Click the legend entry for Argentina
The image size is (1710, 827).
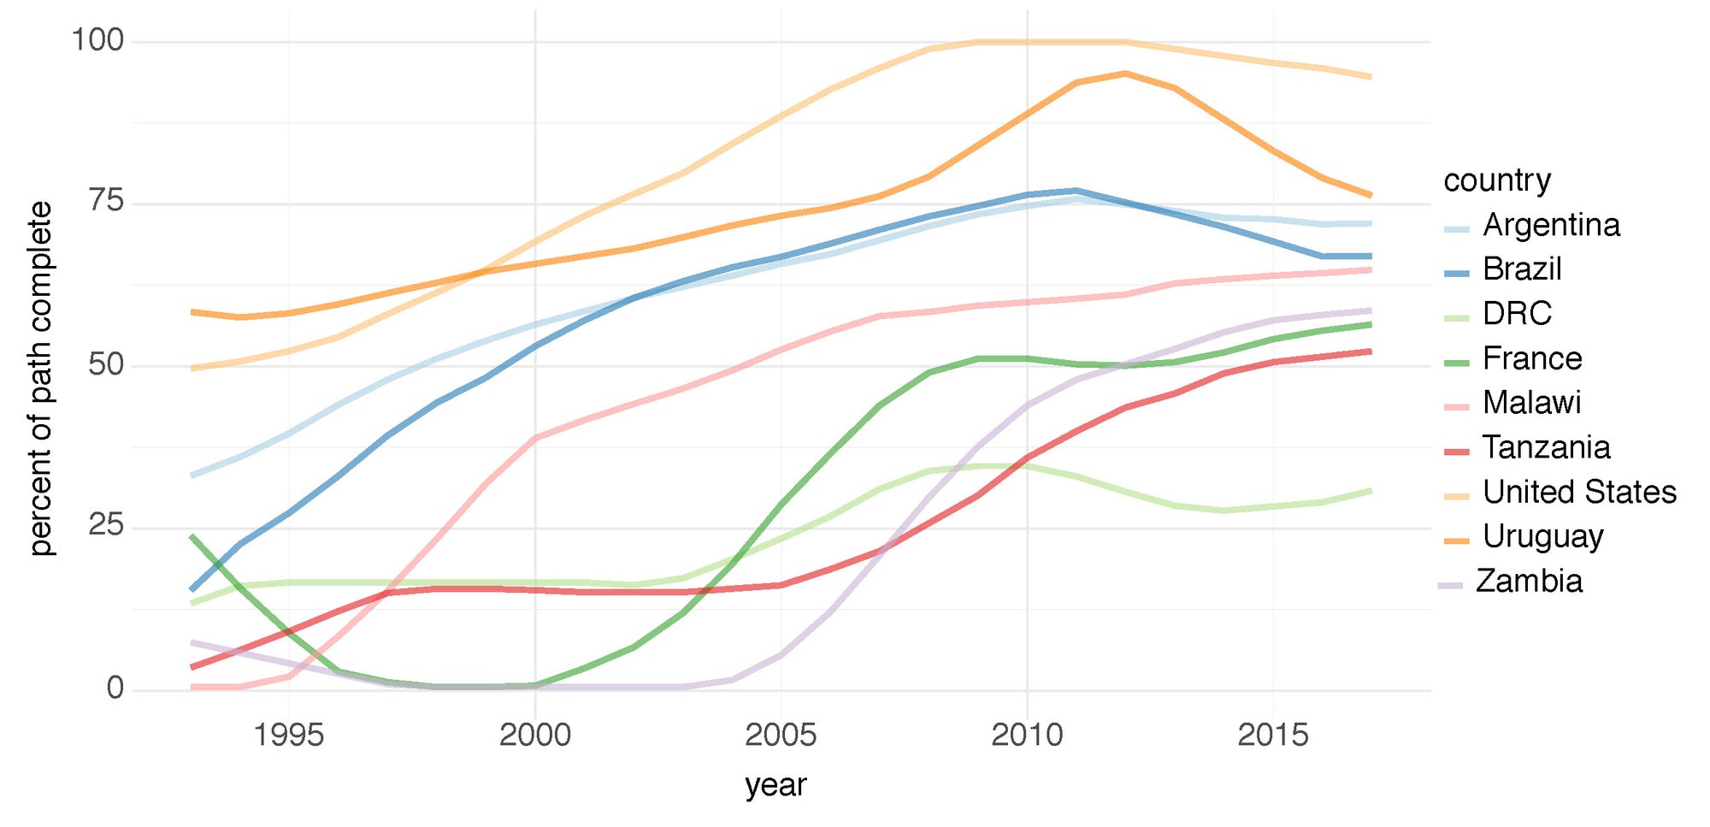click(x=1551, y=226)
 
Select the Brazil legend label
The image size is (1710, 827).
click(x=1522, y=270)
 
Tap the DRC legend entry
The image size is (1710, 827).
click(x=1517, y=315)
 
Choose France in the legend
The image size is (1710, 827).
click(x=1532, y=359)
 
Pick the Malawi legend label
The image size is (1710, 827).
click(x=1531, y=404)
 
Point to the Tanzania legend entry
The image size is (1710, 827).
click(x=1546, y=448)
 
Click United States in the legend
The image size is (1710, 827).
click(x=1579, y=493)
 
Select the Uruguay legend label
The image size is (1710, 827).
click(x=1542, y=537)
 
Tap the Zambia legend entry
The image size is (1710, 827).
click(x=1529, y=582)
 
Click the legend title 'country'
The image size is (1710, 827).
click(x=1497, y=180)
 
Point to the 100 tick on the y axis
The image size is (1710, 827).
click(x=97, y=40)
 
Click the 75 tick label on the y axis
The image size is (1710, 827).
click(x=106, y=203)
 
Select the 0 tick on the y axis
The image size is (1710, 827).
click(x=115, y=688)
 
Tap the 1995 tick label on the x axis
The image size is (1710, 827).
click(x=289, y=735)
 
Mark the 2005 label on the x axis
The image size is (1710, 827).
click(x=781, y=735)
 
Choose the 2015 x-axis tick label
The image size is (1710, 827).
click(x=1273, y=735)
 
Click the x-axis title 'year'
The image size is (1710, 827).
click(x=775, y=785)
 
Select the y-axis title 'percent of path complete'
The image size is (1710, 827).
click(x=40, y=378)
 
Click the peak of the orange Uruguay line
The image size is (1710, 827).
click(x=1126, y=74)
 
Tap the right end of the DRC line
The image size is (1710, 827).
click(x=1371, y=491)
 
